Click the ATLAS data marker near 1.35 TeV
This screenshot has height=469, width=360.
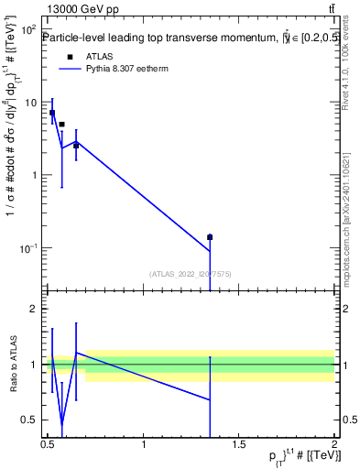[x=210, y=237]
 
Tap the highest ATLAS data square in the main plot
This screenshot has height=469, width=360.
[x=52, y=114]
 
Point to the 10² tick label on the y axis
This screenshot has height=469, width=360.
[x=28, y=29]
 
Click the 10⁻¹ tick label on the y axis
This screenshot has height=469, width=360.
[x=27, y=248]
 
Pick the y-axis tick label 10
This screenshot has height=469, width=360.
[x=30, y=103]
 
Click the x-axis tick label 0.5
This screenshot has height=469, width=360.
[x=49, y=444]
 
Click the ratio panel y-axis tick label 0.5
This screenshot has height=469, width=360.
[x=30, y=420]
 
